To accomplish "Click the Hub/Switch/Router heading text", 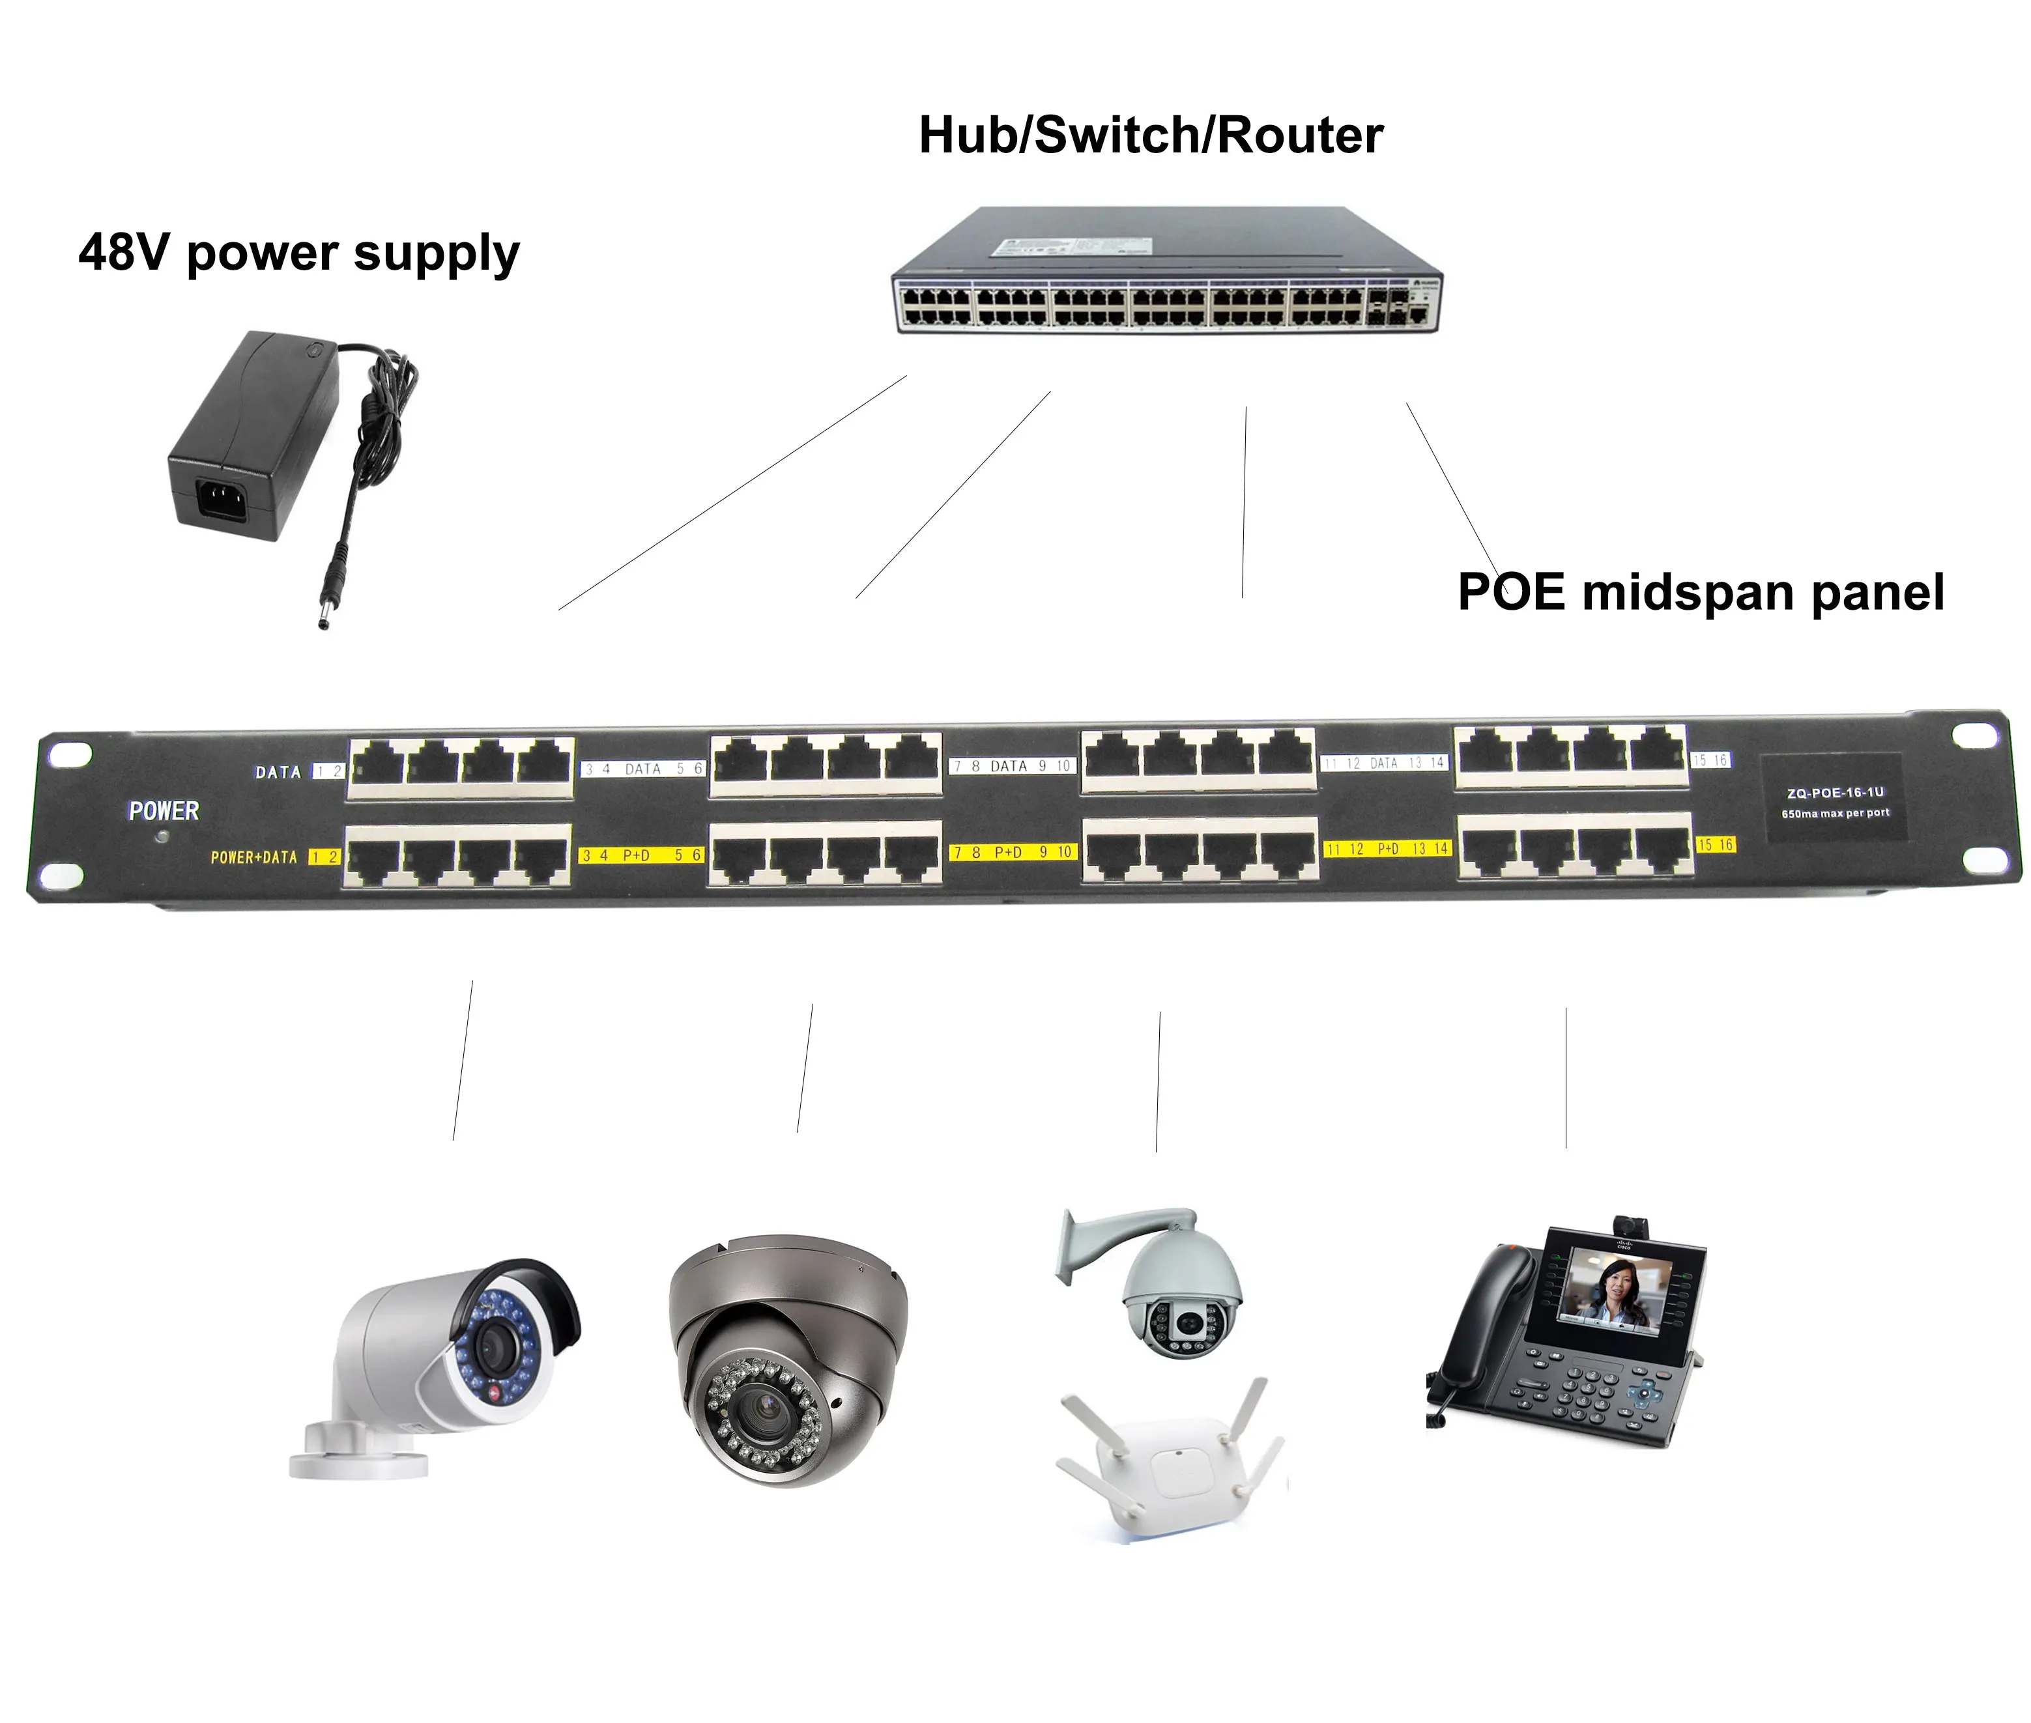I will point(1150,135).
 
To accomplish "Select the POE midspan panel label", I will point(1700,592).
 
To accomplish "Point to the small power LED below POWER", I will point(162,837).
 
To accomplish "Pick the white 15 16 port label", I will point(1710,760).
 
